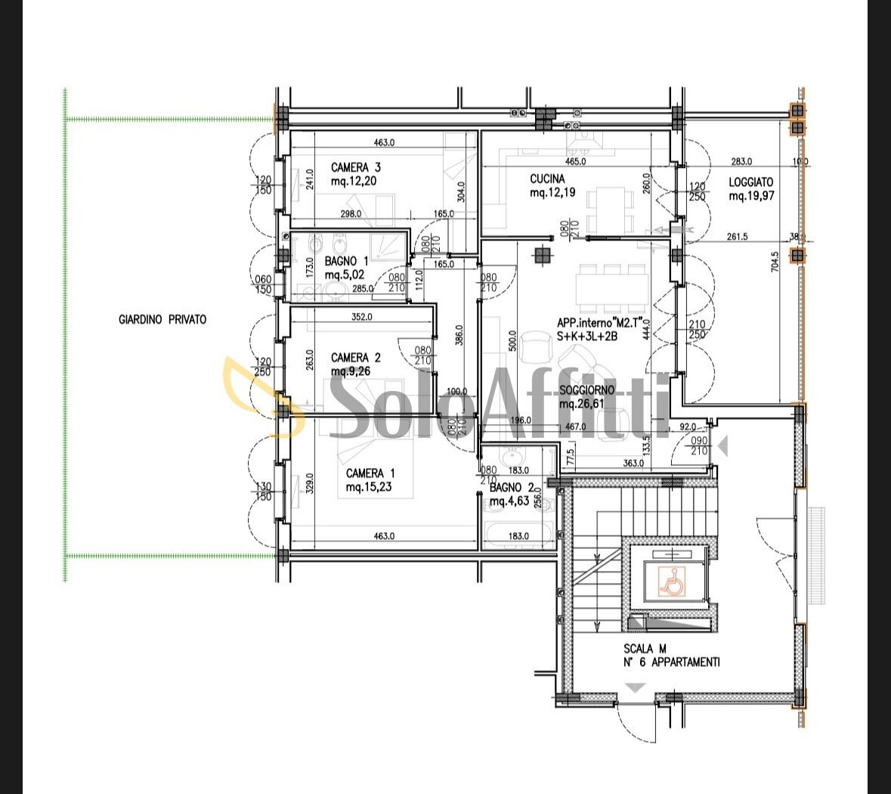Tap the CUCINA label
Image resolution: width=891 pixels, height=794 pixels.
tap(546, 179)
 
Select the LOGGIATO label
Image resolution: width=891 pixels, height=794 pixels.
tap(750, 182)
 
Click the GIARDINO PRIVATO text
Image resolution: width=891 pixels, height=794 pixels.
tap(162, 320)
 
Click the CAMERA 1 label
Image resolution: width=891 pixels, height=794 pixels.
tap(370, 473)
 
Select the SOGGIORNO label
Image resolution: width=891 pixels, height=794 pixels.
tap(586, 390)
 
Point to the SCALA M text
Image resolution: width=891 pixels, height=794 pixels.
tap(645, 648)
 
